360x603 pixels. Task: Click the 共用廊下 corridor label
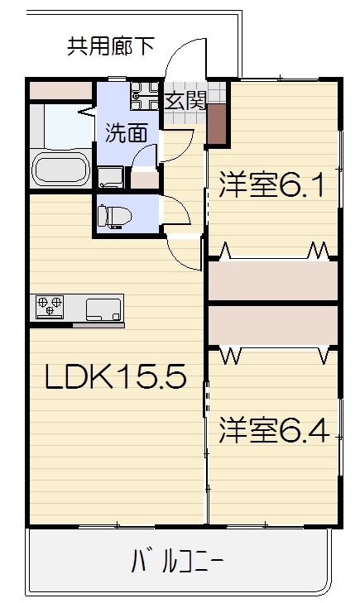point(111,46)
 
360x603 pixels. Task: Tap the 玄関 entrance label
point(186,101)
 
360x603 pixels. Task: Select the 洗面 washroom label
point(126,133)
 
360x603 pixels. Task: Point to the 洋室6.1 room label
point(271,185)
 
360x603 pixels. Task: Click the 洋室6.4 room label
point(274,431)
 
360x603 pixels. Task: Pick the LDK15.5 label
point(116,376)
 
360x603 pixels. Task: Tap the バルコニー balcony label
point(177,563)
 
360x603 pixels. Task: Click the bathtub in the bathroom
point(60,170)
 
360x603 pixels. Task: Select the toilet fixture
point(114,217)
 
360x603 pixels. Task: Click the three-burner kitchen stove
point(50,307)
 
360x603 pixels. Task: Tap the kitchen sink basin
point(103,309)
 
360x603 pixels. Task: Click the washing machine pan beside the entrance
point(144,96)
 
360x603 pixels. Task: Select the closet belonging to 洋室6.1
point(273,280)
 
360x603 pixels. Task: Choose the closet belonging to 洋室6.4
point(273,326)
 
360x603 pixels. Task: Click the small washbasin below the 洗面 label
point(110,177)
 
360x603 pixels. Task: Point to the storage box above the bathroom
point(60,90)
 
